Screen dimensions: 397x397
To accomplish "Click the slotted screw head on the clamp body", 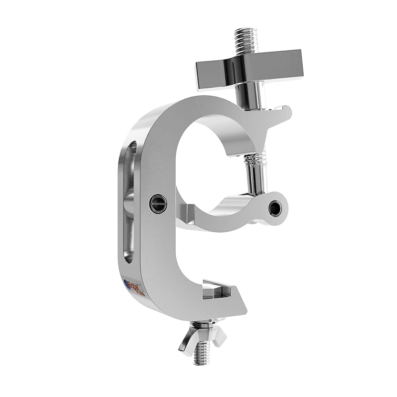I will coord(158,204).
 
